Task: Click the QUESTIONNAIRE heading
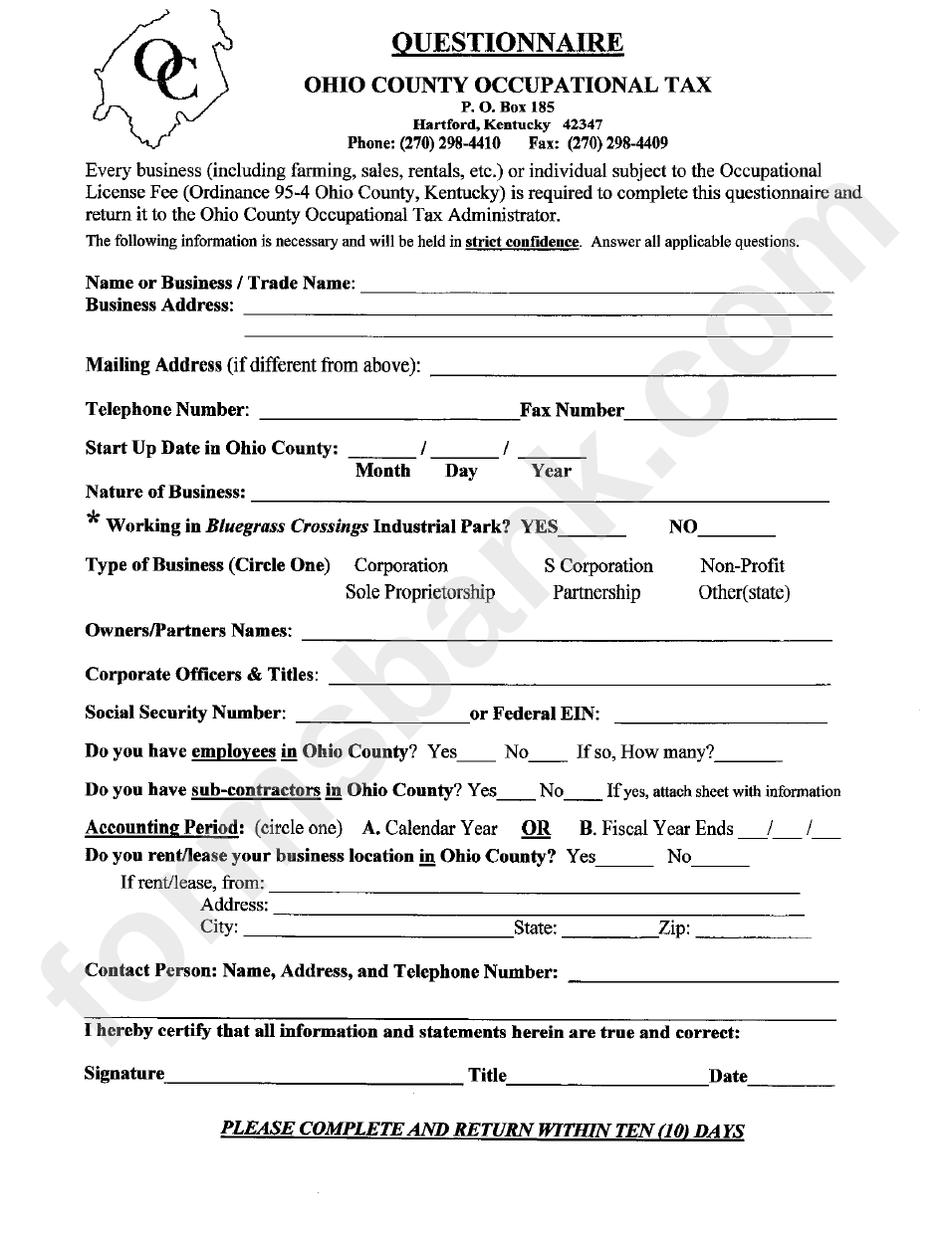[507, 43]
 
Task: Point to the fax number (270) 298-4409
[624, 142]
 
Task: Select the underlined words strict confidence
[522, 242]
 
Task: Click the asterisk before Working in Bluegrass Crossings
[93, 519]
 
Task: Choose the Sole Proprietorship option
[420, 593]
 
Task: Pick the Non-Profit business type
[742, 566]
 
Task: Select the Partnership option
[596, 593]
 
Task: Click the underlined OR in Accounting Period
[536, 829]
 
